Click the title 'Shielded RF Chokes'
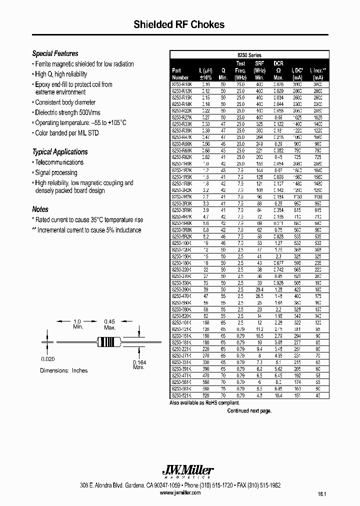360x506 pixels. [179, 24]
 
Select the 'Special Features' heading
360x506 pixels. [55, 53]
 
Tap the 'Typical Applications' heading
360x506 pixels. [59, 152]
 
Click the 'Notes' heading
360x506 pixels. [40, 209]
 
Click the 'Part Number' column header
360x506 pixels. [180, 74]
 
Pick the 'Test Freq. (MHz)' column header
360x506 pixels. [240, 70]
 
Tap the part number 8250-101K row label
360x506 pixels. [181, 323]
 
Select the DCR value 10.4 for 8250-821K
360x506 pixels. [278, 395]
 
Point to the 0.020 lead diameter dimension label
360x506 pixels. [47, 358]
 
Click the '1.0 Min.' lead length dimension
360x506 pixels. [77, 324]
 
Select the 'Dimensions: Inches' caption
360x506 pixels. [63, 370]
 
